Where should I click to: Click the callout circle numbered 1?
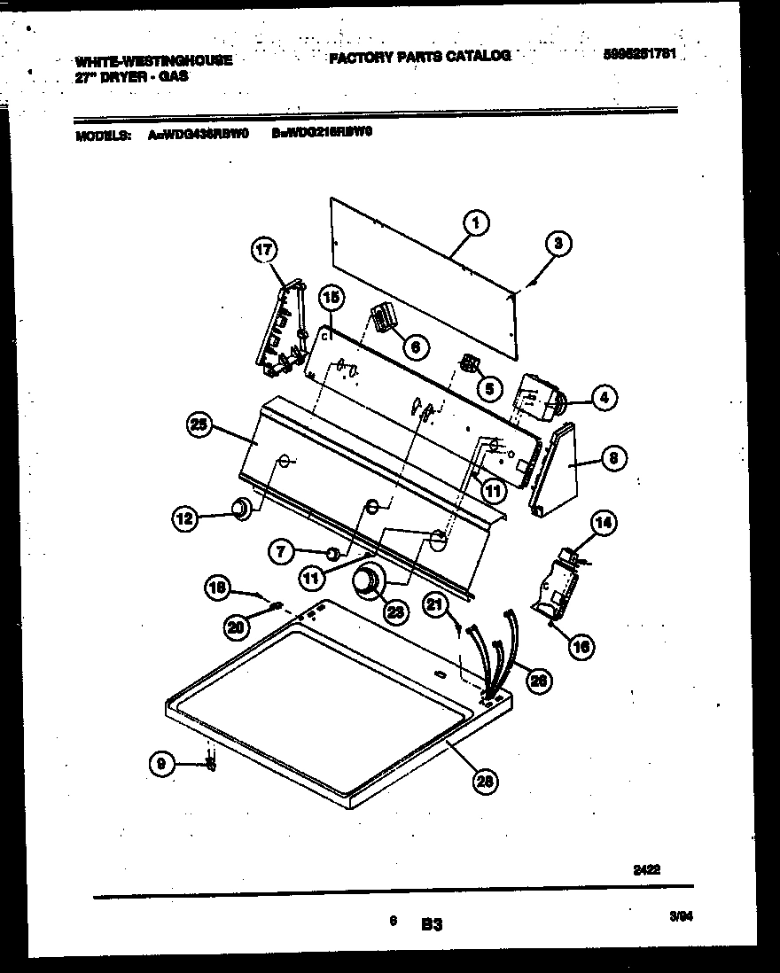point(476,224)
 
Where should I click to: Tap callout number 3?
point(558,244)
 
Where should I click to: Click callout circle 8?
point(613,458)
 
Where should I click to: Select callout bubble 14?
point(603,522)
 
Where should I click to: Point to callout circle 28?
point(485,780)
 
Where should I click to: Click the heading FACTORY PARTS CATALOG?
point(419,56)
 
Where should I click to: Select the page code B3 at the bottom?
point(431,925)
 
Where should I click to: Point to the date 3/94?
point(681,920)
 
